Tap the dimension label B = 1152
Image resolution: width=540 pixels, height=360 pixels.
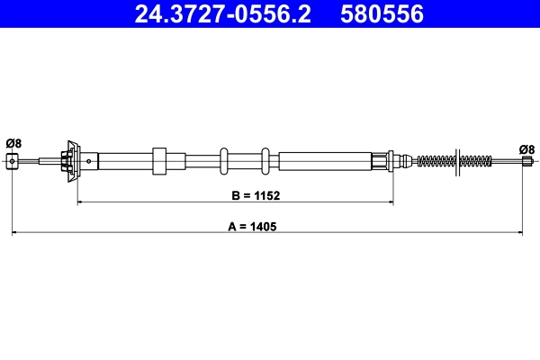pos(236,193)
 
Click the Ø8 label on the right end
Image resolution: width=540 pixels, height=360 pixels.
pos(526,148)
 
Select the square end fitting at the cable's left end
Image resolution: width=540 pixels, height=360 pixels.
pos(13,161)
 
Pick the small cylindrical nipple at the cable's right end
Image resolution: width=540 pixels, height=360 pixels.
pos(526,162)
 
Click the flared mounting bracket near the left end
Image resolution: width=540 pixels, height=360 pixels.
pos(71,161)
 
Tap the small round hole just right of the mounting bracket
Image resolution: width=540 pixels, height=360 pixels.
pos(88,162)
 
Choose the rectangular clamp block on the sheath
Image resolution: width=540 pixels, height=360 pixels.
pos(160,161)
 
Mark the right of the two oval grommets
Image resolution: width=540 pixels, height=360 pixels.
pos(265,161)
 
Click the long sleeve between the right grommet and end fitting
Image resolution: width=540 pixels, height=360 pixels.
pos(324,161)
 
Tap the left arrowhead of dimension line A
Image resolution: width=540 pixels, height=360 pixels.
pos(15,235)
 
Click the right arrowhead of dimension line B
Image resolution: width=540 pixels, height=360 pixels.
pos(390,202)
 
